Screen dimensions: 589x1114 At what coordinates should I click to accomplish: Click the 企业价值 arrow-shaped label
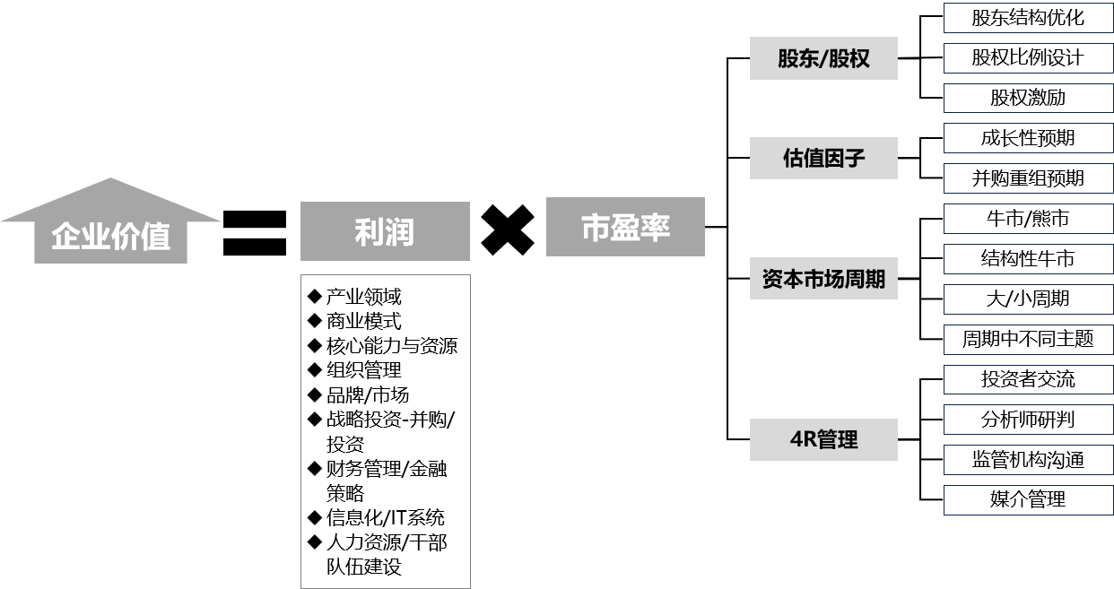pyautogui.click(x=110, y=235)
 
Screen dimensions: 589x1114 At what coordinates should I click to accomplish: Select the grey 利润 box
pyautogui.click(x=385, y=231)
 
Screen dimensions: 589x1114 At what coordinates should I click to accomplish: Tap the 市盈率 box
pyautogui.click(x=625, y=227)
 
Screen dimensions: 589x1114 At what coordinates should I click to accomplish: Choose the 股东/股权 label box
pyautogui.click(x=823, y=59)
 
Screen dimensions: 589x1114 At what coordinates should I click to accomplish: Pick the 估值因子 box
pyautogui.click(x=823, y=159)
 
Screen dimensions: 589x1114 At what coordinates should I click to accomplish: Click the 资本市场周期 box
pyautogui.click(x=823, y=279)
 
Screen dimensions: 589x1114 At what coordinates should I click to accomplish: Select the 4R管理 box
pyautogui.click(x=823, y=439)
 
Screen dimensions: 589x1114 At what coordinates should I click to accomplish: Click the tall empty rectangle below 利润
pyautogui.click(x=385, y=431)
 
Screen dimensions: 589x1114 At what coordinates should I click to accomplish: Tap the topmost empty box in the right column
pyautogui.click(x=1028, y=18)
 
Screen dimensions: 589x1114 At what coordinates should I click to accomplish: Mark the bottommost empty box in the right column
pyautogui.click(x=1028, y=500)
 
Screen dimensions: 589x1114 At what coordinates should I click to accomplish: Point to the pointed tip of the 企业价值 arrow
pyautogui.click(x=110, y=180)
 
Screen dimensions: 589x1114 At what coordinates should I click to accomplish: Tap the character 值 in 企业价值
pyautogui.click(x=155, y=237)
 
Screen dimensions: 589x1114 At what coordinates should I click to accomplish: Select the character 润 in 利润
pyautogui.click(x=400, y=232)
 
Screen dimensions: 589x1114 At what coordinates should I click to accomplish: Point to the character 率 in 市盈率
pyautogui.click(x=656, y=228)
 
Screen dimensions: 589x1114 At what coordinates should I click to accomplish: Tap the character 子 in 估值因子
pyautogui.click(x=855, y=160)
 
